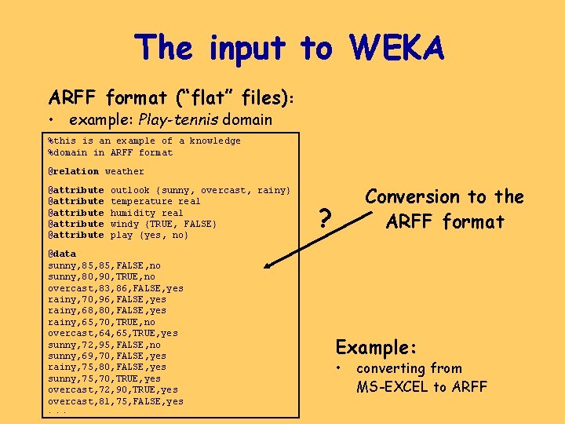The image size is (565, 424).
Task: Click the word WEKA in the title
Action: (x=398, y=48)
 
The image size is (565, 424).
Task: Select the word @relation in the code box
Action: (x=74, y=171)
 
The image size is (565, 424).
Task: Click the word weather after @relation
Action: (x=125, y=171)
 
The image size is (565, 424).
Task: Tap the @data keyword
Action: (x=62, y=254)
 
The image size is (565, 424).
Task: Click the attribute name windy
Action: (x=125, y=224)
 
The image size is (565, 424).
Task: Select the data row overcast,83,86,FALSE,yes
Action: (x=115, y=288)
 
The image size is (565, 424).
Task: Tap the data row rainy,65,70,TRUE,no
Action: (x=101, y=322)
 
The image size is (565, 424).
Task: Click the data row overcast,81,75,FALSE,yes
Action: (x=115, y=401)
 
